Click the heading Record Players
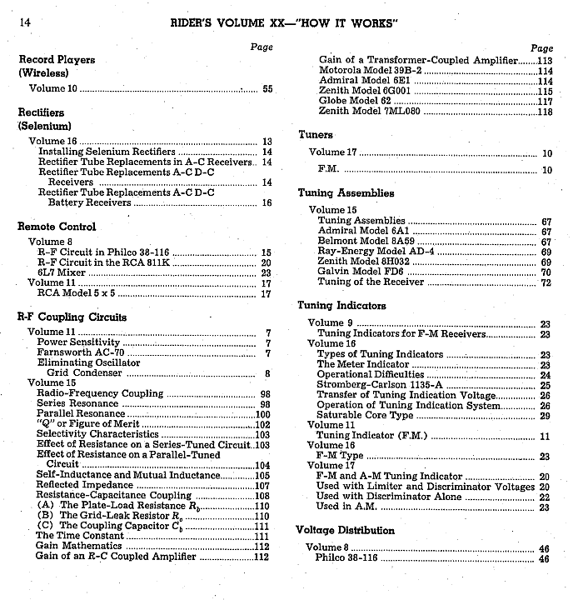tap(57, 60)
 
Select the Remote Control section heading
tap(57, 227)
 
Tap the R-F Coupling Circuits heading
tap(72, 317)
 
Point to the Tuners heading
tap(316, 135)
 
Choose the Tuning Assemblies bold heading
tap(346, 193)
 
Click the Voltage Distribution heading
tap(345, 531)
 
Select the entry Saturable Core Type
tap(365, 415)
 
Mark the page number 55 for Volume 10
tap(267, 88)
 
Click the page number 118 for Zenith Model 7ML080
tap(545, 112)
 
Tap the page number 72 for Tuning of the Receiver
tap(546, 282)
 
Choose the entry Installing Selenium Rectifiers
tap(107, 152)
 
